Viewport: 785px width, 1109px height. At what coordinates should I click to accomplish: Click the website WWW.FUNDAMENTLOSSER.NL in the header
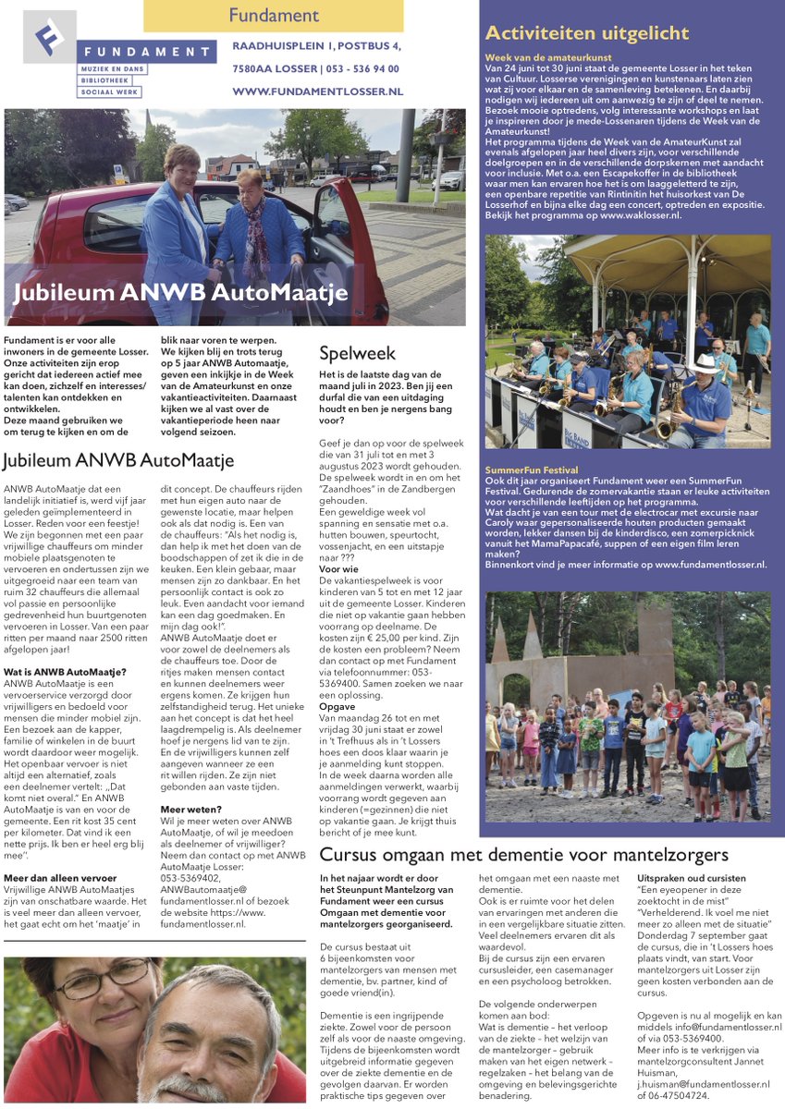(x=317, y=91)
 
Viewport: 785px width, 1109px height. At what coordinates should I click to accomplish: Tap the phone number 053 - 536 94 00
(x=363, y=68)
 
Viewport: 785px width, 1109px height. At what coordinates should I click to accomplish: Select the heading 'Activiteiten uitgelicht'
(x=587, y=34)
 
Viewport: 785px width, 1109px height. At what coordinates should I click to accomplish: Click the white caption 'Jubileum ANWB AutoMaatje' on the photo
(x=180, y=293)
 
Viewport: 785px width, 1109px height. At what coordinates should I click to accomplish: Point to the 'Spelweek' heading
(x=357, y=353)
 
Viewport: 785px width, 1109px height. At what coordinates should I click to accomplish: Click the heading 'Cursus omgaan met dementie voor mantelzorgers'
(x=524, y=855)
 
